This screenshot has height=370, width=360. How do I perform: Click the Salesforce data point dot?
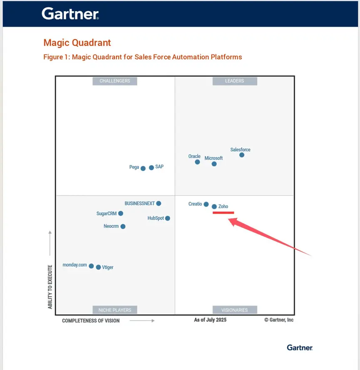(x=242, y=155)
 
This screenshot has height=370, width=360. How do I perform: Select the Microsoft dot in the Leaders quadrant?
(x=214, y=164)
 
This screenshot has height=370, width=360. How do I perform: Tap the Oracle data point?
(x=197, y=162)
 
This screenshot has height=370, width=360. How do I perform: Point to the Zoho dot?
(x=214, y=207)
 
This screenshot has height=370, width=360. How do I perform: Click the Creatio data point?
(x=206, y=204)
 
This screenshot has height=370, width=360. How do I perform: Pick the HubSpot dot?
(x=167, y=218)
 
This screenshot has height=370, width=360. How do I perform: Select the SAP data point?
(x=151, y=168)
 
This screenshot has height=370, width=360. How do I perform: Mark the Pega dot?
(x=143, y=168)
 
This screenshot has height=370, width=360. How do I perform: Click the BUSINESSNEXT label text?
(x=139, y=204)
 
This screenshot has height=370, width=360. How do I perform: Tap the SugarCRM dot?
(x=121, y=213)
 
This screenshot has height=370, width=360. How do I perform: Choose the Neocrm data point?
(x=123, y=227)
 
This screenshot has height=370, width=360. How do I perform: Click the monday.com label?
(x=74, y=265)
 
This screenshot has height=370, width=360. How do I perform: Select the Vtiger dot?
(x=98, y=267)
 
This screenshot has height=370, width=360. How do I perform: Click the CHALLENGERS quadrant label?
(x=114, y=81)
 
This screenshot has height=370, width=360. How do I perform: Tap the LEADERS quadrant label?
(x=234, y=81)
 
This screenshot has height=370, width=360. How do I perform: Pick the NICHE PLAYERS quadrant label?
(x=114, y=310)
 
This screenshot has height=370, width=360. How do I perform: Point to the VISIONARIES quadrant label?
(x=234, y=310)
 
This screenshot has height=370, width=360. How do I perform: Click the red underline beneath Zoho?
(x=223, y=213)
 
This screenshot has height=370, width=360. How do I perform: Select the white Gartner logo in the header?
(x=70, y=14)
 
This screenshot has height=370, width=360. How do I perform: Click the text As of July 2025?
(x=210, y=320)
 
